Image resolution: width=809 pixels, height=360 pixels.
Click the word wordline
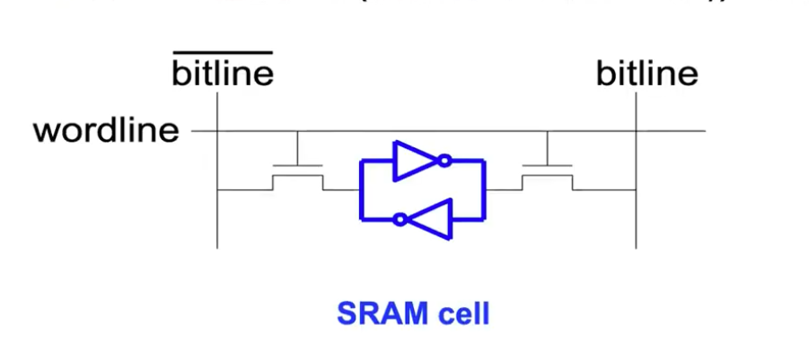(x=106, y=131)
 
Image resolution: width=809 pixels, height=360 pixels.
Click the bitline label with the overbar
(x=222, y=74)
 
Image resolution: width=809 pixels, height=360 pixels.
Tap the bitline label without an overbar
(x=646, y=74)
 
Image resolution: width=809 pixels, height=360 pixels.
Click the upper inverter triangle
(x=415, y=161)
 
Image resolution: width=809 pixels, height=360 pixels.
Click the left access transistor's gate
(x=297, y=166)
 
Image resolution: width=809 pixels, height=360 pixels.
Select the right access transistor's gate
(x=547, y=166)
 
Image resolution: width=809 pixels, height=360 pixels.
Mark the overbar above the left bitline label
(x=222, y=53)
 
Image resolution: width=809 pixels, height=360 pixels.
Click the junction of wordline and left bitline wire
(x=217, y=131)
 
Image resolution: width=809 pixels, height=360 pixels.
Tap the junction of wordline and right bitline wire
(x=637, y=131)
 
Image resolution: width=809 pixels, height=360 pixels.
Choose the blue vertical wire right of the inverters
(x=484, y=189)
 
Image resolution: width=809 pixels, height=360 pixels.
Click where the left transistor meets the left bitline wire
(x=217, y=189)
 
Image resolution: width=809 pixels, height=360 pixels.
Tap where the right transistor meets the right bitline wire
(x=637, y=189)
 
